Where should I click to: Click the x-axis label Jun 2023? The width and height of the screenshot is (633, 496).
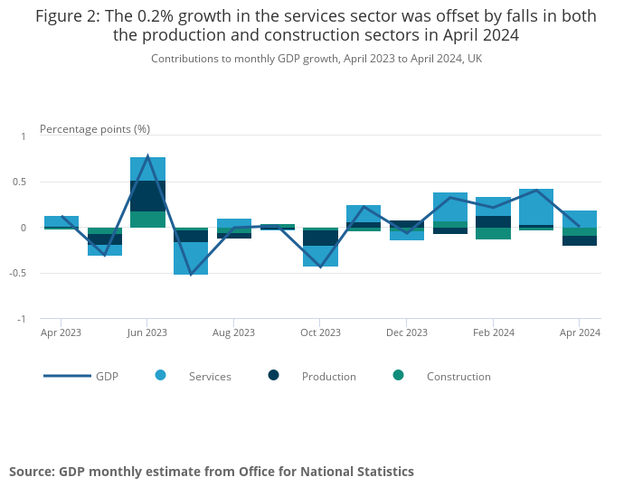[147, 332]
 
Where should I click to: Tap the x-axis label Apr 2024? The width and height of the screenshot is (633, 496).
[580, 332]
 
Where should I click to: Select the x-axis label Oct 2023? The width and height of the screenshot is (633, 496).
[320, 332]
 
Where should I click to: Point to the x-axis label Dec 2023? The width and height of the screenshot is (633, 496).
[407, 332]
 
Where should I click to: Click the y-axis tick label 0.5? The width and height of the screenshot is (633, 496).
[20, 182]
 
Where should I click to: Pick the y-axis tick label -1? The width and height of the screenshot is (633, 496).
[22, 319]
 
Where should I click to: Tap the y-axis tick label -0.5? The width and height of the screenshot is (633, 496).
[18, 273]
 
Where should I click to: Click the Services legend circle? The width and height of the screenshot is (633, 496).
[161, 375]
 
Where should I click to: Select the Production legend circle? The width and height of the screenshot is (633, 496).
[274, 375]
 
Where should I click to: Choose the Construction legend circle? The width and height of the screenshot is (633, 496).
[399, 375]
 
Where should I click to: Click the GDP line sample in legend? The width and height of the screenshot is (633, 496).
[67, 376]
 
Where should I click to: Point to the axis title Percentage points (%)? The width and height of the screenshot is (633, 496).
[95, 129]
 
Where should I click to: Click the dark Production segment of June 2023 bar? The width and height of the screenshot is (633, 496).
[147, 196]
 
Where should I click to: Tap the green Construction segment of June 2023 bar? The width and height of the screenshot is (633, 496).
[147, 220]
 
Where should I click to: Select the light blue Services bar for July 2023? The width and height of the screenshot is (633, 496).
[191, 258]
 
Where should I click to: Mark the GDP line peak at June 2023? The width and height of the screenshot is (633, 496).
[147, 156]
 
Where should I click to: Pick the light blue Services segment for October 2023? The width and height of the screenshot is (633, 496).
[320, 257]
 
